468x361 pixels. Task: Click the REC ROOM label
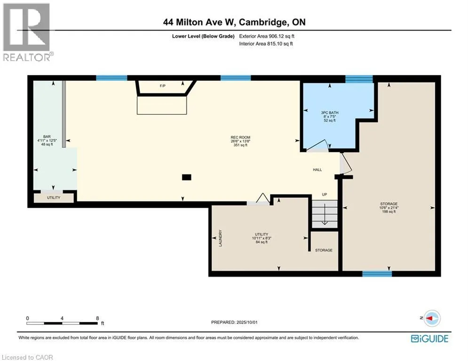pyautogui.click(x=240, y=138)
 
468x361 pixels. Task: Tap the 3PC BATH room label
pyautogui.click(x=330, y=112)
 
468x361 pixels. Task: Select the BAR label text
pyautogui.click(x=47, y=137)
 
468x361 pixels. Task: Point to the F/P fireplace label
pyautogui.click(x=163, y=86)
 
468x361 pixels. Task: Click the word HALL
pyautogui.click(x=317, y=170)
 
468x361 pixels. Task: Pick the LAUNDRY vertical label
pyautogui.click(x=221, y=238)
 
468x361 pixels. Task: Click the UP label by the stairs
pyautogui.click(x=325, y=195)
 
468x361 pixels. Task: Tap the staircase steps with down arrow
pyautogui.click(x=325, y=214)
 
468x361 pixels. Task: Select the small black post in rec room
pyautogui.click(x=187, y=177)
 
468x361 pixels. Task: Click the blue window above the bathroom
pyautogui.click(x=359, y=79)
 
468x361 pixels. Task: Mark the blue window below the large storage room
pyautogui.click(x=377, y=274)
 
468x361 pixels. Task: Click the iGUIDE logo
pyautogui.click(x=429, y=338)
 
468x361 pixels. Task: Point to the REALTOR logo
pyautogui.click(x=28, y=32)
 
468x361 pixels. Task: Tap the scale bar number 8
pyautogui.click(x=97, y=318)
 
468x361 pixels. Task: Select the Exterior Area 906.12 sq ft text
pyautogui.click(x=267, y=36)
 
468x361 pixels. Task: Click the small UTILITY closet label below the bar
pyautogui.click(x=54, y=197)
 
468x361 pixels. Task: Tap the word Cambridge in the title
pyautogui.click(x=263, y=23)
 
